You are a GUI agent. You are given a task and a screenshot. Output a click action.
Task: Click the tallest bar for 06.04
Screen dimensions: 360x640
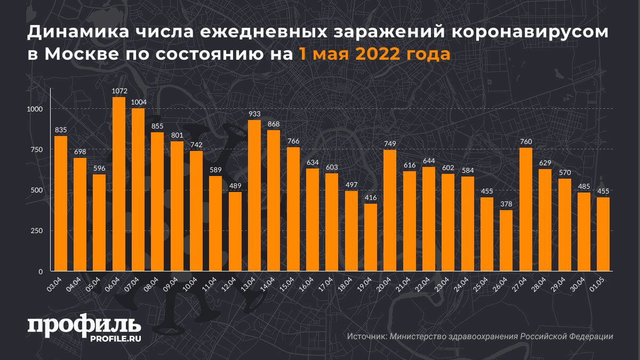point(118,184)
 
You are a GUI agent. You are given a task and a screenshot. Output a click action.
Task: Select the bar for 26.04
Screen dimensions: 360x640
point(506,241)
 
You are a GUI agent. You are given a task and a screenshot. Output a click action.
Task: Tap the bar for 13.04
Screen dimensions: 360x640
point(254,196)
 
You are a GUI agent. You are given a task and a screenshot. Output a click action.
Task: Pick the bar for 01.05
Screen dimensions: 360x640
point(603,234)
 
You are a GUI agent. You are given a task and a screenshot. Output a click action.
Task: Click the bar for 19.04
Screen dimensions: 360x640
point(371,237)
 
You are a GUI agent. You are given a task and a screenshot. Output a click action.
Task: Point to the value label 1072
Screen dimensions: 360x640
point(118,91)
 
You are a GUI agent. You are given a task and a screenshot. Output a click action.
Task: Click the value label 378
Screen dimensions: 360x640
point(506,204)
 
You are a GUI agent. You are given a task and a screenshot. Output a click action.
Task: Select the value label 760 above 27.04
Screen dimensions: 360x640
point(525,142)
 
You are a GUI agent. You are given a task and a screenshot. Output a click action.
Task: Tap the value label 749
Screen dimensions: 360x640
point(390,144)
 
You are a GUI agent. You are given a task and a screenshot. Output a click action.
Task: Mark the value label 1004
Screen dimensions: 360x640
point(138,102)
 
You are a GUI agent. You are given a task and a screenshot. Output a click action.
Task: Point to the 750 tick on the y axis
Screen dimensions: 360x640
point(36,150)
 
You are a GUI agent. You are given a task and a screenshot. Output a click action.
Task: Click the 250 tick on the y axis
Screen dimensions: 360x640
point(36,231)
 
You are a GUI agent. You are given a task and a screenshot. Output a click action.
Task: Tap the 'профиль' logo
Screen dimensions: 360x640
point(84,326)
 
